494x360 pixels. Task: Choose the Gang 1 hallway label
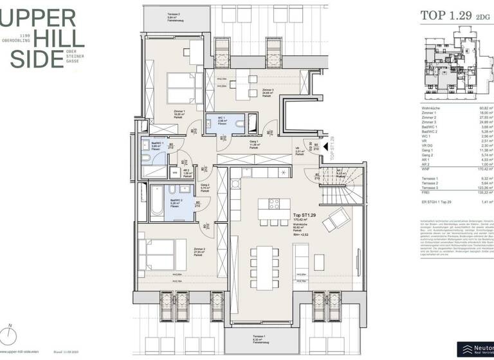point(253,143)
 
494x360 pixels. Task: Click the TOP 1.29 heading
point(444,16)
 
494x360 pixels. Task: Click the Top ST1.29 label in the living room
point(304,215)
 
